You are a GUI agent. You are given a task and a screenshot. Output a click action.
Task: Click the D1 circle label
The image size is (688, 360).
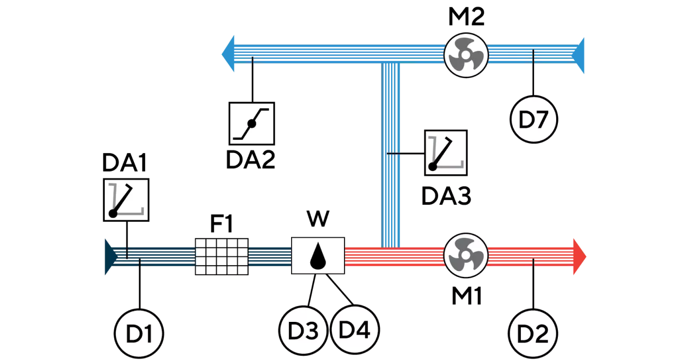point(140,335)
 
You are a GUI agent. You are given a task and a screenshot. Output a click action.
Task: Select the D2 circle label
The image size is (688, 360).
point(533,335)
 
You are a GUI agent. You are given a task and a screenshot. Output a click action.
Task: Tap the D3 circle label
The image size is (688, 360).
point(303,330)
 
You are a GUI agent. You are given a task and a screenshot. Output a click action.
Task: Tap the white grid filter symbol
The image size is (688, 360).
point(222,256)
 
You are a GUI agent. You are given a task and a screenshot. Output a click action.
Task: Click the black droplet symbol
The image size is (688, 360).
point(318,256)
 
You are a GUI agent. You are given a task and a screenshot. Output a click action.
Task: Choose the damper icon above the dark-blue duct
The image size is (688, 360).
point(125,200)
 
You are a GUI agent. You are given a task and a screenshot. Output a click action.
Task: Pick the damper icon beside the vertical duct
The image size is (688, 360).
point(446,153)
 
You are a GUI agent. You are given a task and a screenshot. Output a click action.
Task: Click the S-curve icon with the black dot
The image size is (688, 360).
point(252,123)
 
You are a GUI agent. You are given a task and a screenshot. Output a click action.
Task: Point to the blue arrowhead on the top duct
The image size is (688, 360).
point(229,53)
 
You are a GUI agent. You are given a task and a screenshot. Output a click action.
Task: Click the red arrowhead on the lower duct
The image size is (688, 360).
point(580,256)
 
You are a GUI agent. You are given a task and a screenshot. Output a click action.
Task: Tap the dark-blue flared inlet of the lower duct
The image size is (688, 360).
point(111,256)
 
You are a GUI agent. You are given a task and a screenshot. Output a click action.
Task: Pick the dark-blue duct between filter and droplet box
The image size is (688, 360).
point(270,256)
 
